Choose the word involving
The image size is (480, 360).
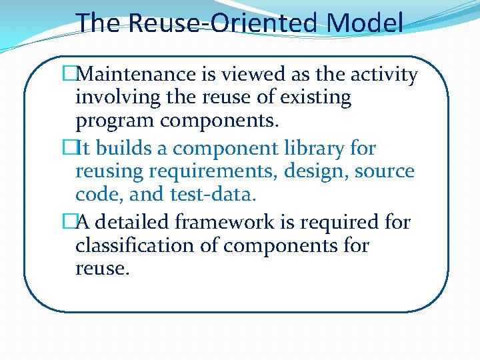(115, 98)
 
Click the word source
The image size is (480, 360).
(385, 172)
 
